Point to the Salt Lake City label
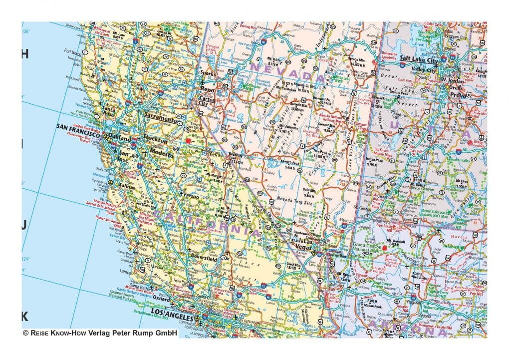point(419,59)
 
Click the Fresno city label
point(190,196)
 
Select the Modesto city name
point(162,155)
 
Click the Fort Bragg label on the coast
point(73,51)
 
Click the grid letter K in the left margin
point(24,316)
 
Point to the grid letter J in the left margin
point(23,225)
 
